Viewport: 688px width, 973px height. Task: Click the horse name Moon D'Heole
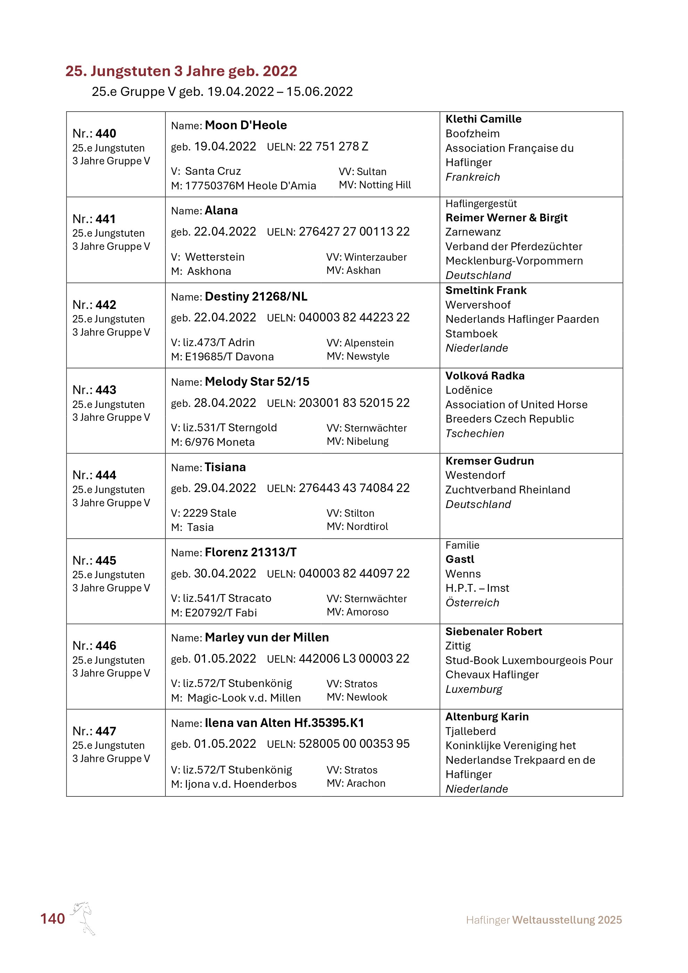tap(246, 125)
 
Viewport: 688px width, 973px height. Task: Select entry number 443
tap(106, 390)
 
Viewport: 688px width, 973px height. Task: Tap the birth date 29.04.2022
tap(225, 488)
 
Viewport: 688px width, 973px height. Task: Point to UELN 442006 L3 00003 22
tap(354, 659)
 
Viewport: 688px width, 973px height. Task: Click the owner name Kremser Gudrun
tap(489, 461)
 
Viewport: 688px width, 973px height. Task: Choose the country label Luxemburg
tap(474, 689)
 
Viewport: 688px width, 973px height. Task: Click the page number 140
tap(52, 919)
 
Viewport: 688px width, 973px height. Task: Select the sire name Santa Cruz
tap(213, 171)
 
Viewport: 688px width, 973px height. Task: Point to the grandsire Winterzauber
tap(375, 257)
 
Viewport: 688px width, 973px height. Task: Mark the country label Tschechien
tap(475, 434)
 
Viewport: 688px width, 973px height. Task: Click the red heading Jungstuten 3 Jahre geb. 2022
tap(181, 71)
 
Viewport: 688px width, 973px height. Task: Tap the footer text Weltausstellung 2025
tap(567, 920)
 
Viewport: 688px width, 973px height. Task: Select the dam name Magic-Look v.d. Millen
tap(244, 698)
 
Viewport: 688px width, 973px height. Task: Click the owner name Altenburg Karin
tap(487, 717)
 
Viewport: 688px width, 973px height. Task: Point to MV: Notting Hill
tap(375, 185)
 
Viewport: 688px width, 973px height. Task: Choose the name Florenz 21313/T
tap(251, 553)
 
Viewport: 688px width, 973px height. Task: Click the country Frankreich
tap(472, 177)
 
